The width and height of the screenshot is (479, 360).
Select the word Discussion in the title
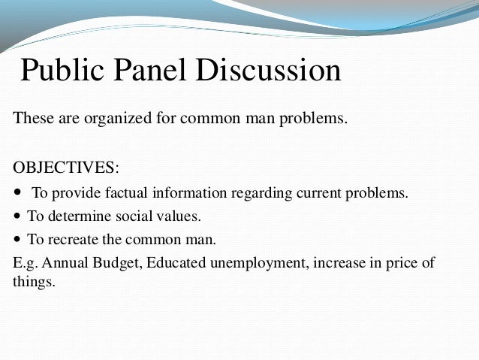coord(273,71)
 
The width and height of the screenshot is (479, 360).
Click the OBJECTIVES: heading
coord(66,165)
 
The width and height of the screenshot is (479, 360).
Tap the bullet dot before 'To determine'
coord(18,217)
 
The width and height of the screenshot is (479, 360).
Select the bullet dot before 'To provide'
coord(18,192)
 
